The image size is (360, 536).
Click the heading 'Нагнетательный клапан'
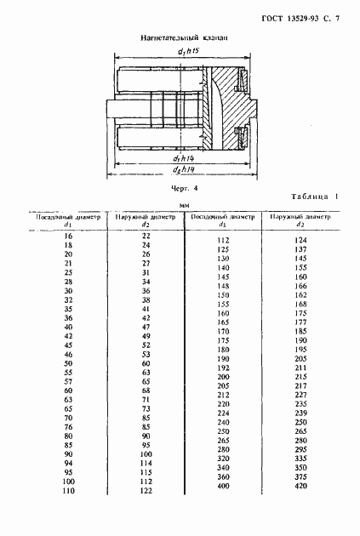(x=180, y=38)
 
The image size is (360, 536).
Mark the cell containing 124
(x=300, y=241)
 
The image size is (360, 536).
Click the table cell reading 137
(x=300, y=250)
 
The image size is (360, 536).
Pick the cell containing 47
(x=146, y=327)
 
